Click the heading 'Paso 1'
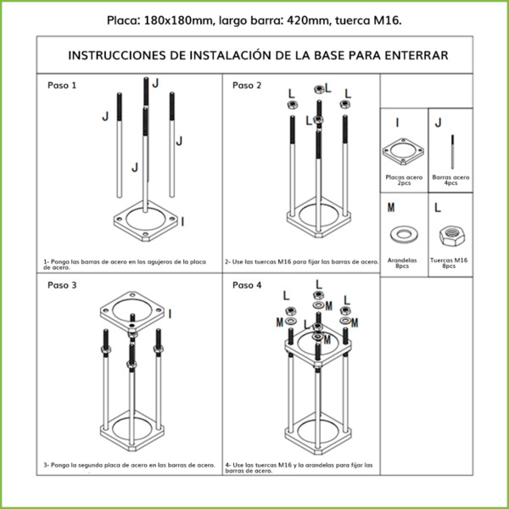pyautogui.click(x=62, y=86)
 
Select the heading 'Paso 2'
pyautogui.click(x=247, y=86)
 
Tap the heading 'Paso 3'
pyautogui.click(x=62, y=285)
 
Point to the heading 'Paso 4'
pyautogui.click(x=247, y=285)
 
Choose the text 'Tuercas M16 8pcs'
pyautogui.click(x=449, y=263)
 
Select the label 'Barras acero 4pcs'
pyautogui.click(x=450, y=180)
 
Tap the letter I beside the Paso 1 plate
pyautogui.click(x=184, y=221)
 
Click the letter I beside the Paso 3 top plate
pyautogui.click(x=169, y=314)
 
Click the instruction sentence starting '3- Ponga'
pyautogui.click(x=128, y=465)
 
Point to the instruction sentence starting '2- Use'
pyautogui.click(x=301, y=261)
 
